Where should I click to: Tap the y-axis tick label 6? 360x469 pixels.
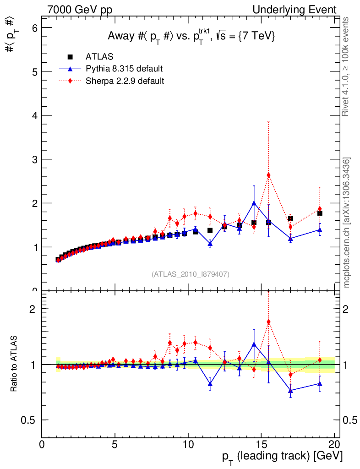[33, 27]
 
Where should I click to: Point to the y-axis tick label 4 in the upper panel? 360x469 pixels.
[33, 115]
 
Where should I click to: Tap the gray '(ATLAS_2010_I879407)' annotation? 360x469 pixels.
[191, 274]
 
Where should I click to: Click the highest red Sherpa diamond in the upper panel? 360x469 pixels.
[268, 175]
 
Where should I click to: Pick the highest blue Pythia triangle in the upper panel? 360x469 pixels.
[254, 203]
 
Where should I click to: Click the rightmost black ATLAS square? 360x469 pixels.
[320, 213]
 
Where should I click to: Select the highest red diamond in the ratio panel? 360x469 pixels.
[268, 322]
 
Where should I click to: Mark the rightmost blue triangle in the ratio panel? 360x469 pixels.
[320, 383]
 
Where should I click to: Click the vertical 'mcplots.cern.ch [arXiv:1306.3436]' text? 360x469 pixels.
[347, 223]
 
